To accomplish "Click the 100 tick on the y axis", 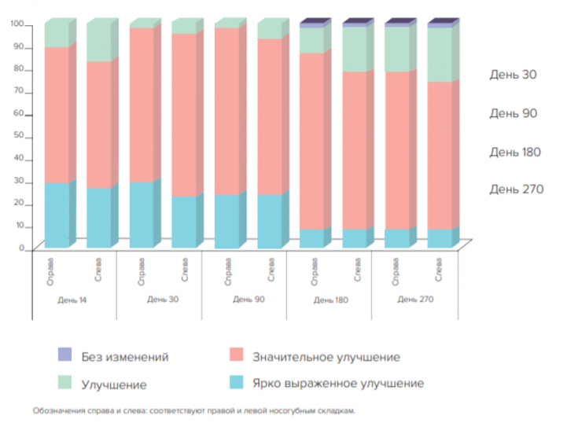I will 17,25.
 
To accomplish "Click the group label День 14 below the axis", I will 72,300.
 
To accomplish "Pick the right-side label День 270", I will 516,189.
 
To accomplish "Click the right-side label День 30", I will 513,75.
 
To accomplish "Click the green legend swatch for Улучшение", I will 65,384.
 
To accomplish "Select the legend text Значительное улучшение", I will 326,357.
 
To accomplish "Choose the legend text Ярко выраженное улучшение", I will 337,384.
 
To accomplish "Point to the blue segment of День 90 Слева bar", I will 269,221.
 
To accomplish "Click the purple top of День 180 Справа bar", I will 311,25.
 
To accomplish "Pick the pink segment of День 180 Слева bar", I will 354,149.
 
